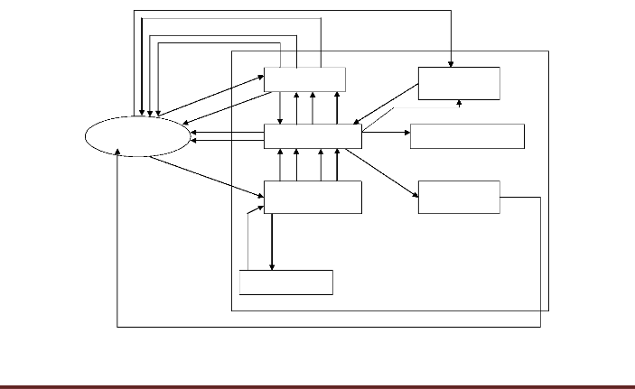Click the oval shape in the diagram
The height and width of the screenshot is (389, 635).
tap(137, 136)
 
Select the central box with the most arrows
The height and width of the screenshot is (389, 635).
tap(313, 136)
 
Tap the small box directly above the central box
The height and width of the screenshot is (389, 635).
tap(303, 79)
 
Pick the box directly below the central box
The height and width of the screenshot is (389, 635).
tap(313, 197)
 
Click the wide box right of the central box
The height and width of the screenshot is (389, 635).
tap(466, 135)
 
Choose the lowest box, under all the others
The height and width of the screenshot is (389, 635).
tap(286, 282)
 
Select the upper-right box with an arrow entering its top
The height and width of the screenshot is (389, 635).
tap(459, 83)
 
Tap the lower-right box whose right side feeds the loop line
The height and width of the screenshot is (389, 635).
tap(459, 197)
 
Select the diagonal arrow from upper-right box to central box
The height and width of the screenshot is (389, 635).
tap(386, 104)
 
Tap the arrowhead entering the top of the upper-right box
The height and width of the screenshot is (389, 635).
tap(452, 63)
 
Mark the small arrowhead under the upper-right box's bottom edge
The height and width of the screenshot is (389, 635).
tap(460, 103)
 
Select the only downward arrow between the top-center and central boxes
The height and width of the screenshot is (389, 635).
tap(281, 108)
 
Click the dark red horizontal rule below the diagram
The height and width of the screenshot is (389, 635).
tap(317, 387)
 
